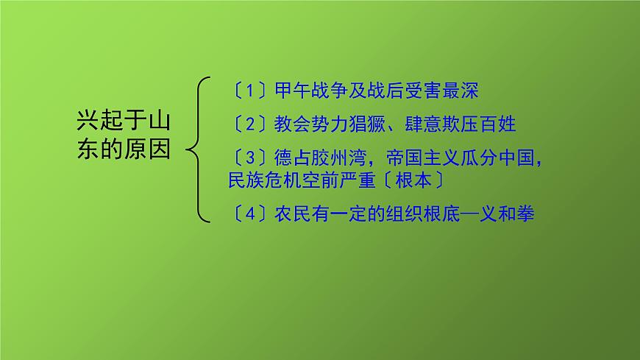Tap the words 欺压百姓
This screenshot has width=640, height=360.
click(480, 124)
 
